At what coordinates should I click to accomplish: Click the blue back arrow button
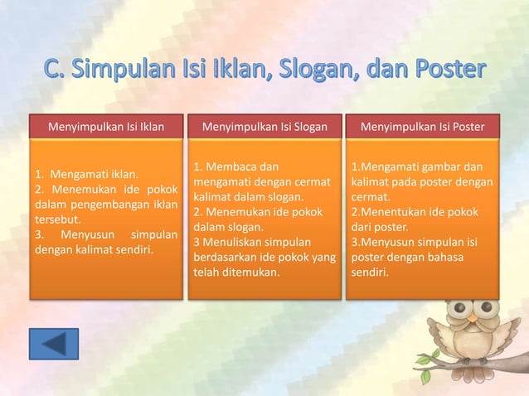[x=54, y=344]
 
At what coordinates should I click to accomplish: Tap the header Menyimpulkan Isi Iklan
[x=105, y=127]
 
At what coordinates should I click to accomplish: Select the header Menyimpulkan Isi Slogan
[x=264, y=127]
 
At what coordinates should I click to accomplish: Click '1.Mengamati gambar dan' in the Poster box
[x=416, y=167]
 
